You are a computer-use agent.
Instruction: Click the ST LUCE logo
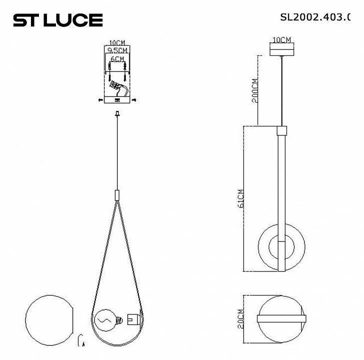(57, 20)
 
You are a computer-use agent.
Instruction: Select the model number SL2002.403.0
(316, 17)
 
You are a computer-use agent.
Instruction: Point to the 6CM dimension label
(117, 59)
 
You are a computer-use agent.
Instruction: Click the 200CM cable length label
(255, 90)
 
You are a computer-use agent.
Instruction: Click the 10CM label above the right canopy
(282, 39)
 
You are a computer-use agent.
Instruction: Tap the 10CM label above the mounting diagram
(117, 43)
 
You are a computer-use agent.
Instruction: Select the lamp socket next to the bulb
(133, 318)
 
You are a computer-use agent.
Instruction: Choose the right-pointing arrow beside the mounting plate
(134, 100)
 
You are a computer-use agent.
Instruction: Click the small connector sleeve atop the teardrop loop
(117, 194)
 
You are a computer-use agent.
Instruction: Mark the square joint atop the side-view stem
(282, 131)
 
